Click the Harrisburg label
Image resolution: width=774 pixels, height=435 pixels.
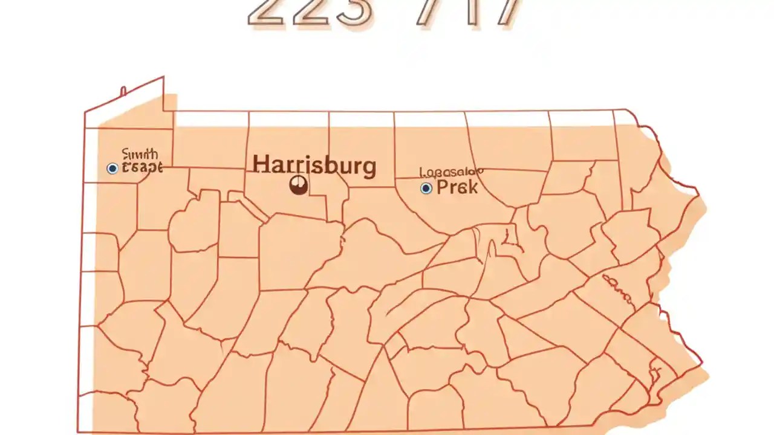[314, 166]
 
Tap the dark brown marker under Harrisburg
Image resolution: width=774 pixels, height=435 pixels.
[298, 185]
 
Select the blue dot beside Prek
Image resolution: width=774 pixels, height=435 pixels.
[426, 188]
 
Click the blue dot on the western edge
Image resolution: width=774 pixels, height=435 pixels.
[112, 169]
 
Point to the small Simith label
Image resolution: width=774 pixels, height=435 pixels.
[140, 154]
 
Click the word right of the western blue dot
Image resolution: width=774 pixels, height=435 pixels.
[142, 168]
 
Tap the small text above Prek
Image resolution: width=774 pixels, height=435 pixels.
[451, 173]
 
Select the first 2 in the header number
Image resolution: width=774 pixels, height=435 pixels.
[266, 13]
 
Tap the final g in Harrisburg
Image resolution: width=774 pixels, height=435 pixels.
[368, 168]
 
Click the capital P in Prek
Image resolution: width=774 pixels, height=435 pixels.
[442, 187]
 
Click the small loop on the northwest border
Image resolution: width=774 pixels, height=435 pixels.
[123, 91]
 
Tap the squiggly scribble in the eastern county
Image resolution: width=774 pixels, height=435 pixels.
[619, 289]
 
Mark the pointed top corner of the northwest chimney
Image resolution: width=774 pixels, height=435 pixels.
[163, 77]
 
